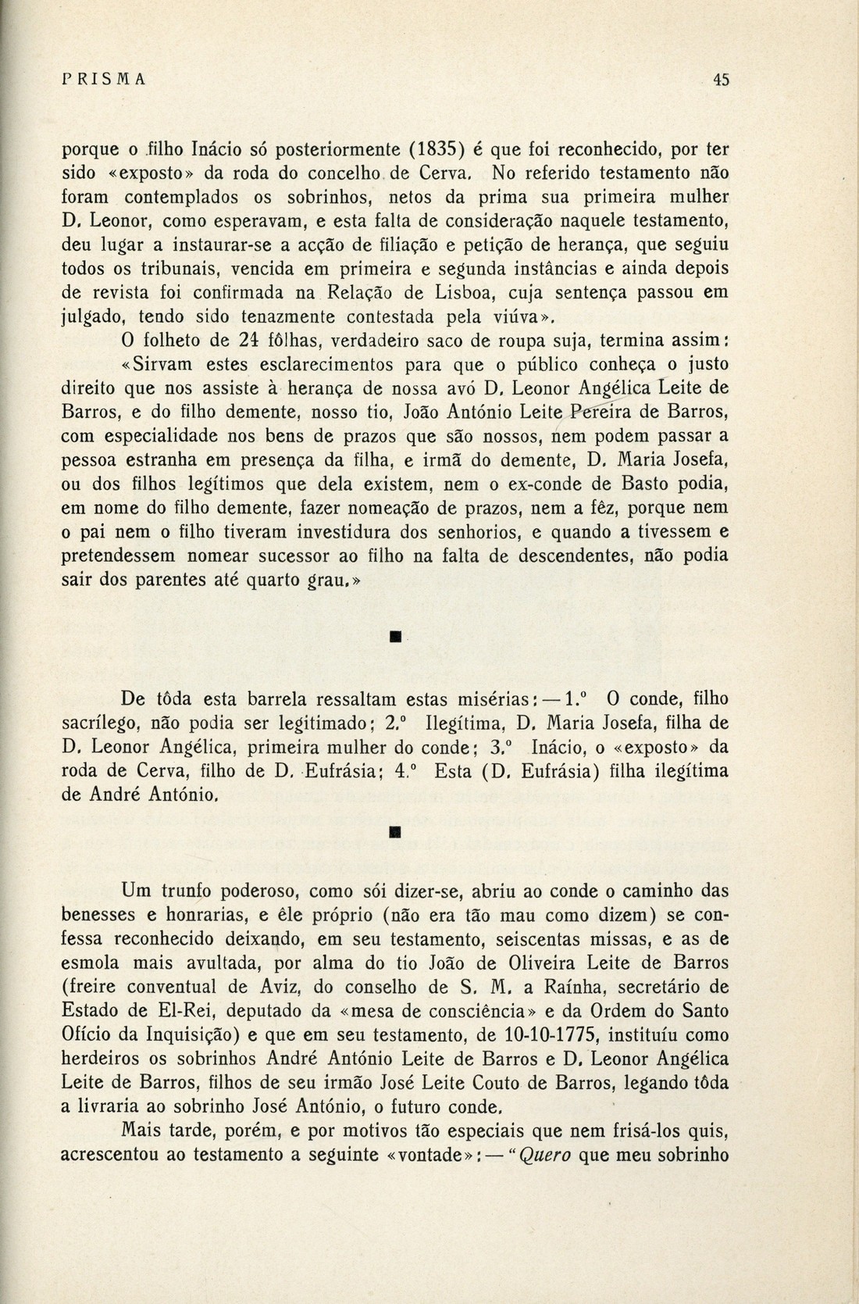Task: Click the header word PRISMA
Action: (x=104, y=79)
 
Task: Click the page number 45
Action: (x=720, y=79)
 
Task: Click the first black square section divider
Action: (x=395, y=639)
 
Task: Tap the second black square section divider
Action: (x=395, y=834)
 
